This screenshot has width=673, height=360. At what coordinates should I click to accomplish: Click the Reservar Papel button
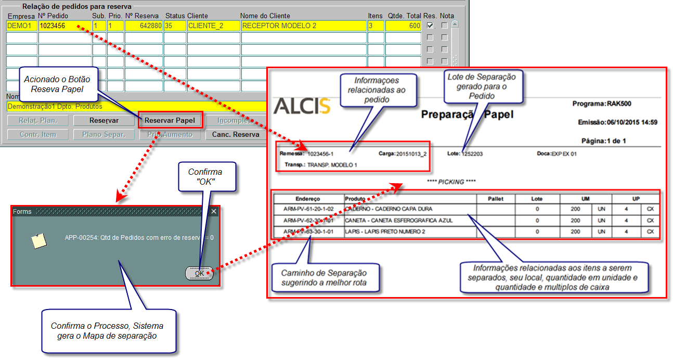pos(170,120)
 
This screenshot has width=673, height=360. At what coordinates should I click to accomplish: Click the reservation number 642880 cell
pos(144,25)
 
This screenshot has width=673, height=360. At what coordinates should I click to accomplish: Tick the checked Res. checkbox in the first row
pos(430,25)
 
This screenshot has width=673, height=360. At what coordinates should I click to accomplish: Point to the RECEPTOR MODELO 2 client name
pos(279,25)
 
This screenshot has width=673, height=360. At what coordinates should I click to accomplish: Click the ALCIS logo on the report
pos(302,106)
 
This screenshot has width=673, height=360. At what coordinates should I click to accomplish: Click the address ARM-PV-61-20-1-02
pos(308,209)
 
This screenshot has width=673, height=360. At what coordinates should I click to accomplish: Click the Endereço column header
pos(308,199)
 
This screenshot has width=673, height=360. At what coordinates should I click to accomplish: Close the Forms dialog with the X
pos(214,211)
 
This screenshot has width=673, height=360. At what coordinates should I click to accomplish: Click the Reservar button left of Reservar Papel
pos(104,120)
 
